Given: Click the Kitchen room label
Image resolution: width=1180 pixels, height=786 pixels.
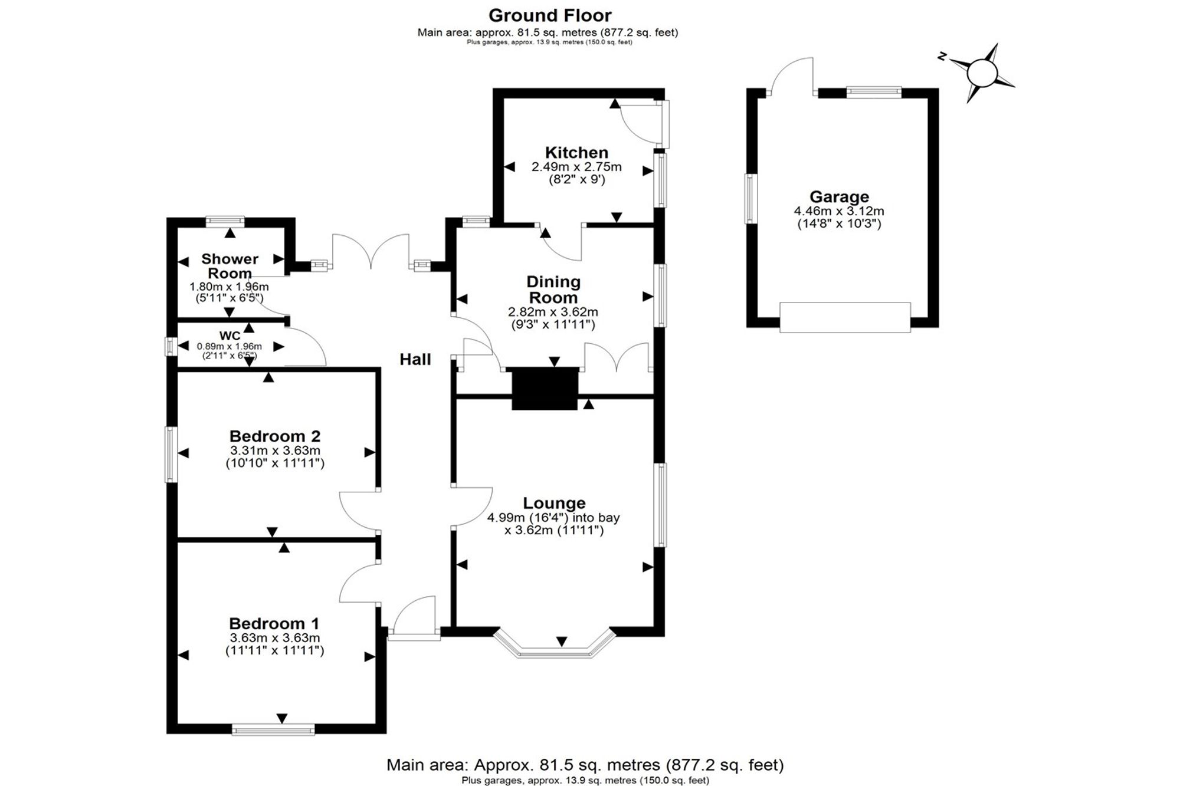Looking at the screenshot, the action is (576, 153).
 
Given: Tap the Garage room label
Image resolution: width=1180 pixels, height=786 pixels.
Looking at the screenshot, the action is (839, 197).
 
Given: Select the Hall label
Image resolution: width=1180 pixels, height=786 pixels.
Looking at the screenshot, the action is (415, 360).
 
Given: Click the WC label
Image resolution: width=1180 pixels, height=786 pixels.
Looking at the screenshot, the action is (230, 336).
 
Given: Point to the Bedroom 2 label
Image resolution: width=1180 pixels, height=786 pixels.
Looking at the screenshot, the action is (275, 436).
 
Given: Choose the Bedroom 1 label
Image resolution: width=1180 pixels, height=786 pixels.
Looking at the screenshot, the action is (274, 624).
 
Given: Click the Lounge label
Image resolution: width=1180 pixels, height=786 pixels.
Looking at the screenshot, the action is (555, 503).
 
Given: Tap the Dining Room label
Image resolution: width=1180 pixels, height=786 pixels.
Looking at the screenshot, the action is (553, 290).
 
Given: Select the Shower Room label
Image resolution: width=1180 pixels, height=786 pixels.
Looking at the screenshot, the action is (230, 266).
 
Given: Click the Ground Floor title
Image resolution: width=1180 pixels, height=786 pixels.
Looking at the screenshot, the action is (550, 15).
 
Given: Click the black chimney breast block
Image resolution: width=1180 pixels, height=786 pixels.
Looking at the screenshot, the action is (545, 388).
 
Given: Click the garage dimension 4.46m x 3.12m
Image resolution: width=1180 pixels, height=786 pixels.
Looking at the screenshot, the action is (839, 211).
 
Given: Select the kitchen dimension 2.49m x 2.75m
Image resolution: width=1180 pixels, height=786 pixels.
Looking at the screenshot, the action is (576, 167).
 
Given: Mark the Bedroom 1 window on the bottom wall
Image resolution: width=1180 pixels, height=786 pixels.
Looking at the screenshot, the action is (273, 730).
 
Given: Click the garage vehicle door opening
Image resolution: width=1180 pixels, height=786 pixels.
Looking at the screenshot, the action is (845, 317).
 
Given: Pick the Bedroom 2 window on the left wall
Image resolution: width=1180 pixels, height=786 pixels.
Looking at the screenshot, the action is (171, 454).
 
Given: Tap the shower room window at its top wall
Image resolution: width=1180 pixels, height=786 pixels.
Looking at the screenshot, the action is (225, 222).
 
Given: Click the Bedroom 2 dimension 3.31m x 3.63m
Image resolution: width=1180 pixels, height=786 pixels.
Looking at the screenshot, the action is (275, 450).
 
